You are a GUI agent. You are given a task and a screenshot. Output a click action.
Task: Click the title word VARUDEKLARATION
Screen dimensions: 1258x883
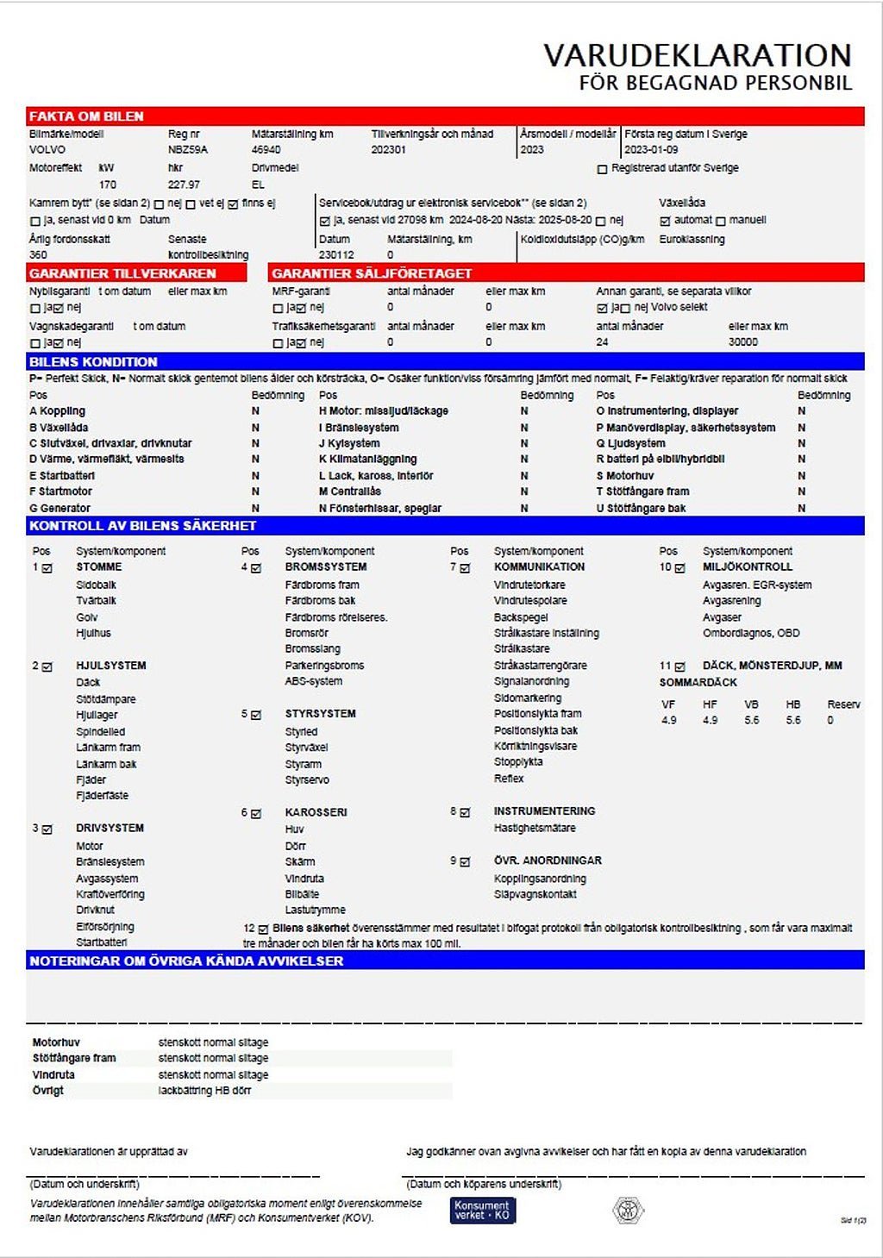coord(697,55)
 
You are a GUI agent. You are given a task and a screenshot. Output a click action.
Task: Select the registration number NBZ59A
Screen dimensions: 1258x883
coord(187,149)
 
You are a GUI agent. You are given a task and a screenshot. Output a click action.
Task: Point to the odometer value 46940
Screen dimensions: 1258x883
coord(266,149)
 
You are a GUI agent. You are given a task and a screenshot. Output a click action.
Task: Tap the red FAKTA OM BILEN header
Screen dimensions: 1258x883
coord(86,116)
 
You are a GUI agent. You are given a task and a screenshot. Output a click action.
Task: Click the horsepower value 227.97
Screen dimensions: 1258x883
coord(184,185)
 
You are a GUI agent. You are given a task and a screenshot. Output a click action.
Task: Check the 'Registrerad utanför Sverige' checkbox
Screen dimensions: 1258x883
coord(602,169)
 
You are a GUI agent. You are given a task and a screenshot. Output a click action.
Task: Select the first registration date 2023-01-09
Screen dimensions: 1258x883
coord(651,149)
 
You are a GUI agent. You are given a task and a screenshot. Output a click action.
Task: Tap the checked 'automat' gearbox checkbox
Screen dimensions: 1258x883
coord(665,221)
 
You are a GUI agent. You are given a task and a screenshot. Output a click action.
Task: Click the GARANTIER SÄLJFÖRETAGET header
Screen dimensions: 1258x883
coord(372,273)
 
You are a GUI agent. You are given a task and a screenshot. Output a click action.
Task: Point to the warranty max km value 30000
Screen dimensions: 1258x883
coord(742,342)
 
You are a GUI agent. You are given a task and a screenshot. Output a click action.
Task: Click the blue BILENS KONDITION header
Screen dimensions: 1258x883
coord(93,361)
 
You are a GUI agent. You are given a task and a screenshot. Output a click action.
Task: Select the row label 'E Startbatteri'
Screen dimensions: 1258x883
coord(62,475)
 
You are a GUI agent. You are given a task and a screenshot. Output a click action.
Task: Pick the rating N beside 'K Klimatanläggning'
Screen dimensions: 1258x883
coord(524,460)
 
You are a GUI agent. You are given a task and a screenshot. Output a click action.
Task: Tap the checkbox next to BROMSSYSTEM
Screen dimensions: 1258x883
coord(256,568)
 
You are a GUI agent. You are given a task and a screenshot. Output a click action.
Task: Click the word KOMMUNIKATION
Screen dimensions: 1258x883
coord(539,566)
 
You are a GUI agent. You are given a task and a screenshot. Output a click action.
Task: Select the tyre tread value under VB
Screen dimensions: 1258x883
coord(751,720)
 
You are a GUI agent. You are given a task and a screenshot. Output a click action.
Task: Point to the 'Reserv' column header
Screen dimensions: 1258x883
coord(842,704)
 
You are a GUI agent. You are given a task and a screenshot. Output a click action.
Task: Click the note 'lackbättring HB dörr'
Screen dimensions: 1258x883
coord(204,1091)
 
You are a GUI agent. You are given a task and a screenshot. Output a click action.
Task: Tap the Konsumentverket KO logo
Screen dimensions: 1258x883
coord(482,1210)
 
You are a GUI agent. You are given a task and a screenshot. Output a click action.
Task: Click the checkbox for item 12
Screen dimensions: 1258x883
coord(263,929)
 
